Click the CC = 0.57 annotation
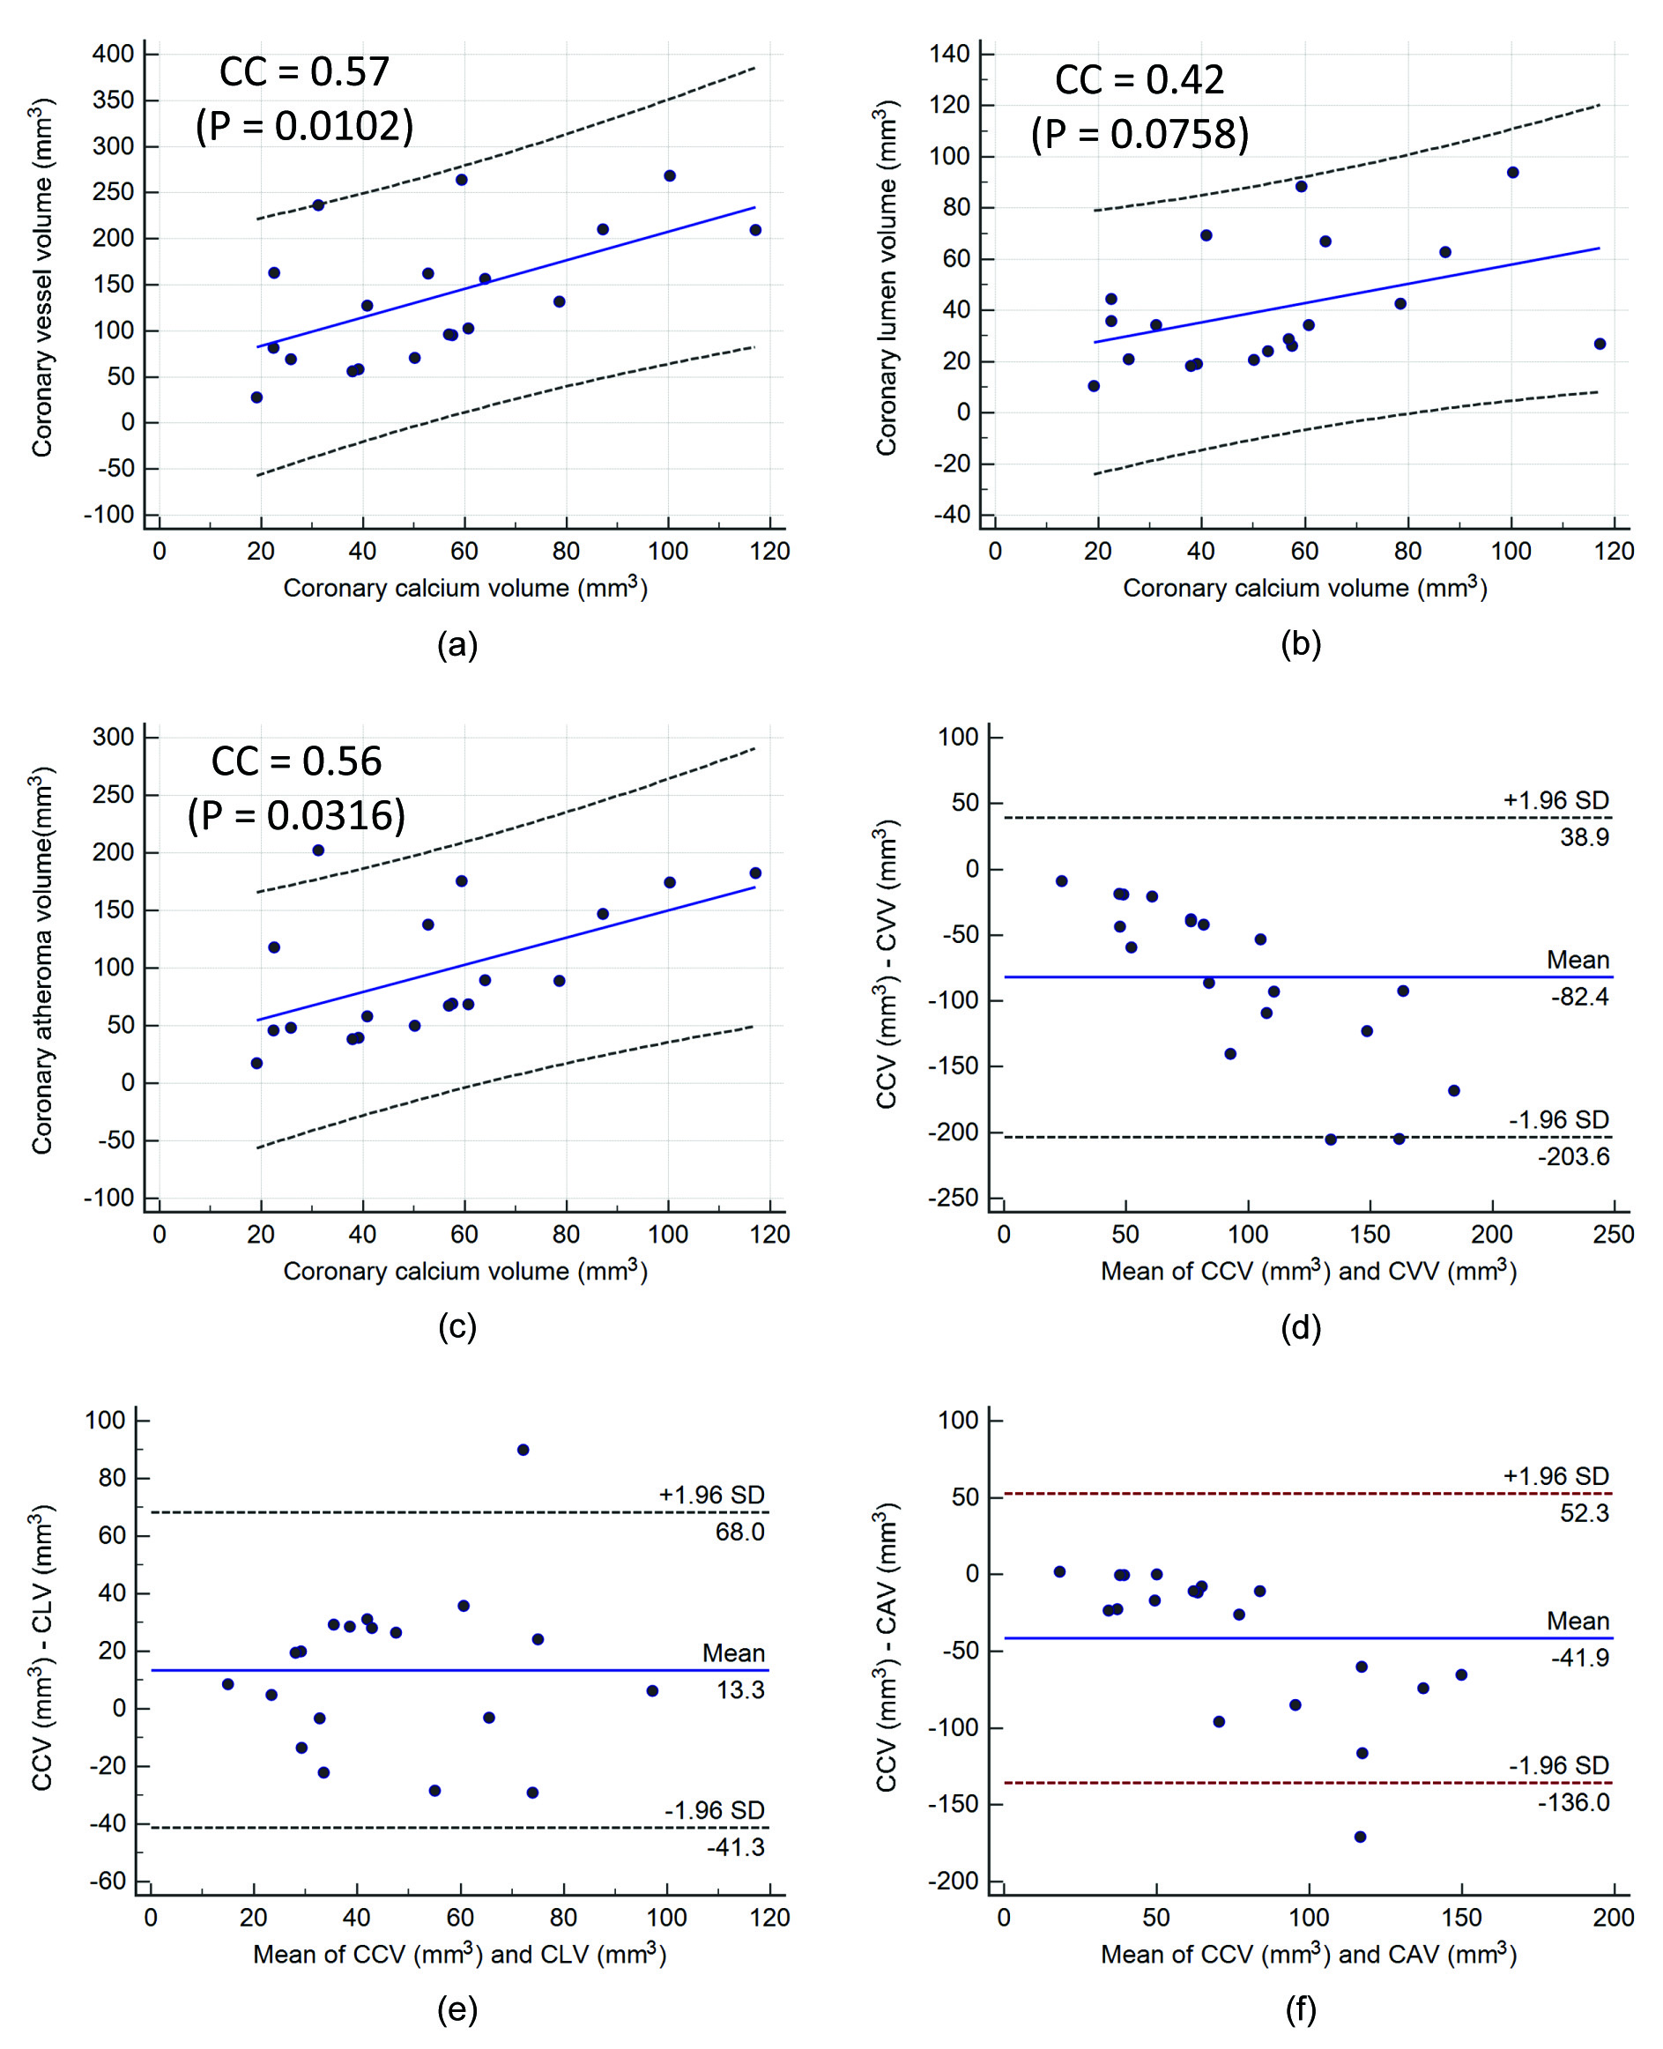coord(304,72)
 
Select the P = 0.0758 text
coord(1140,134)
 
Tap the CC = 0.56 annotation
coord(296,761)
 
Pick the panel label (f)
coord(1301,2008)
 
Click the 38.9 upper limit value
coord(1584,837)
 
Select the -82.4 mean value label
coord(1579,998)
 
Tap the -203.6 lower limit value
coord(1573,1157)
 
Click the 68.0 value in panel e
coord(739,1532)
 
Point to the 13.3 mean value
coord(740,1689)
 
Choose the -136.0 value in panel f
coord(1573,1802)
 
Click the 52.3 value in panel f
coord(1584,1512)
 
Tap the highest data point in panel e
coord(523,1450)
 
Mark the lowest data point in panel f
coord(1361,1837)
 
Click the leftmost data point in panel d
coord(1061,881)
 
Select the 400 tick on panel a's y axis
coord(113,55)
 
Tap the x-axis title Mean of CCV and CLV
coord(459,1954)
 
